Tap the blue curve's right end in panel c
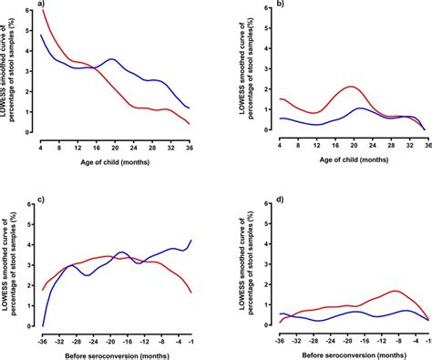[190, 241]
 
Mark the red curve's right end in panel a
[190, 124]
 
